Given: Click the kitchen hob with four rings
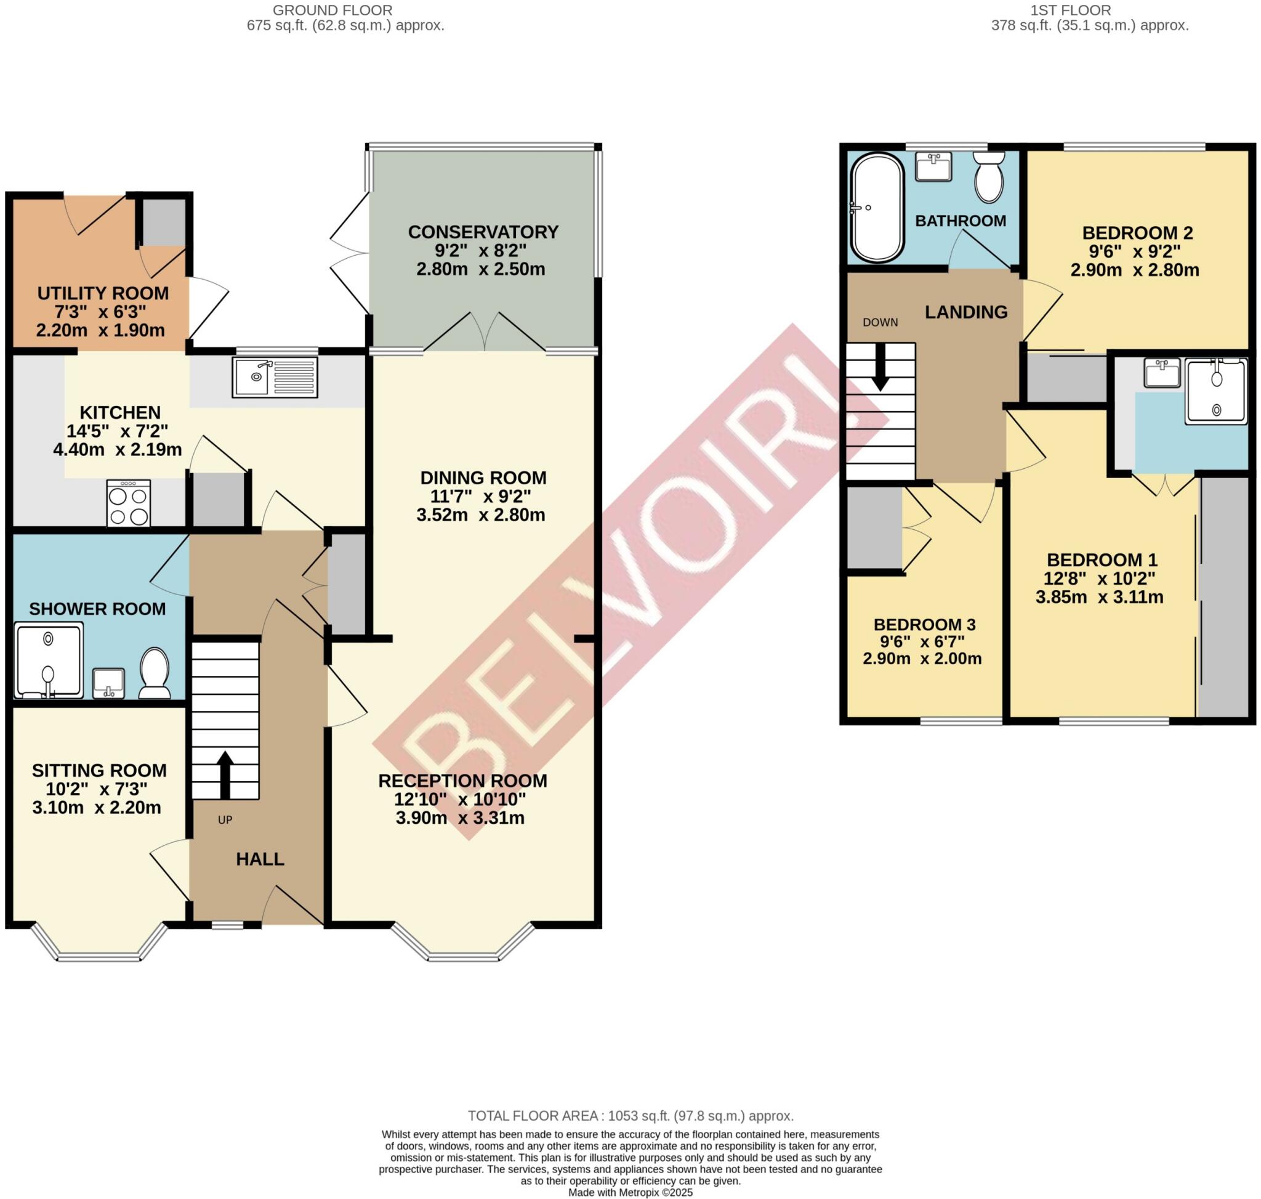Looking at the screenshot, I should (129, 503).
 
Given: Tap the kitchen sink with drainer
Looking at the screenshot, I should (275, 377).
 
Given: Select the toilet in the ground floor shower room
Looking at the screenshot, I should (154, 672).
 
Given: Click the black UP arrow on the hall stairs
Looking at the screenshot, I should (224, 774).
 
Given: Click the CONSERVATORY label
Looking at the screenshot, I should (483, 232).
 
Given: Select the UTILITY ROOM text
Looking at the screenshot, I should (103, 293).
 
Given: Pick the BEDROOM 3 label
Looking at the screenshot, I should (924, 624).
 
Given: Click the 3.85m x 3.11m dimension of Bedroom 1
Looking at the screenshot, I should (1098, 598).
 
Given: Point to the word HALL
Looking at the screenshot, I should (260, 859).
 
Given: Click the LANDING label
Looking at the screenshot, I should (966, 312).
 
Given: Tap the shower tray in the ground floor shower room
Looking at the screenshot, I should (49, 661).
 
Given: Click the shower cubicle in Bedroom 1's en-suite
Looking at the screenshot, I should (1215, 391).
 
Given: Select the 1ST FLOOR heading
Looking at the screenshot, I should (1088, 10).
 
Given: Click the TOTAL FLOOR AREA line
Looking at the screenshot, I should (630, 1116).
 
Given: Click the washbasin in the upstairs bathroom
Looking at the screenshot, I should (933, 166).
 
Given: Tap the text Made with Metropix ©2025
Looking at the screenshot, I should (630, 1193).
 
